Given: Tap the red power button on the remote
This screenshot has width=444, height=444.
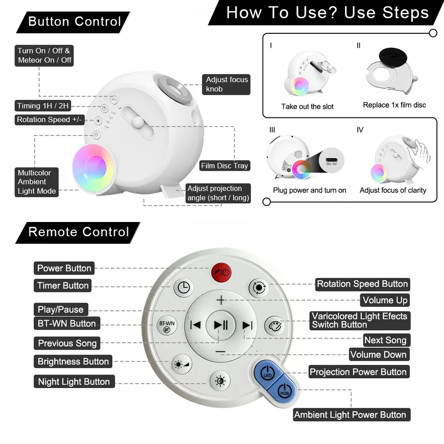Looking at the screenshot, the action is click(222, 272).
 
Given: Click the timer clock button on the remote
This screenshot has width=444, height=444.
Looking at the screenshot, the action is click(184, 288).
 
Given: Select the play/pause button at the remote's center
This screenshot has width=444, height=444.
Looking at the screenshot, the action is click(221, 325).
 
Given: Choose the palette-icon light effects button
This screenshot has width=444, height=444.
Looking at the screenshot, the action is click(275, 326).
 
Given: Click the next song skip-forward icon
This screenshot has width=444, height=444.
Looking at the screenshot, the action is click(247, 325).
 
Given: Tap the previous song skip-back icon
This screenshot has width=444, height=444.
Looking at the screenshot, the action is click(195, 325).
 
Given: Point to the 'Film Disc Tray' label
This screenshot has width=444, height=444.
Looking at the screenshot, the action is click(225, 166).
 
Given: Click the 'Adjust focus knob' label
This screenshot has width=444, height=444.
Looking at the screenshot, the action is click(226, 84).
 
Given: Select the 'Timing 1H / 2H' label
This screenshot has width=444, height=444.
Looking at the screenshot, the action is click(43, 106).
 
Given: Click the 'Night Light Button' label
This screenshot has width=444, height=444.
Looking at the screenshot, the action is click(74, 382).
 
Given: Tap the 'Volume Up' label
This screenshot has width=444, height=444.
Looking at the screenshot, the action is click(385, 300).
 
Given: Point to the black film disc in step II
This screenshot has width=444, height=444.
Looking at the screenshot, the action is click(393, 56).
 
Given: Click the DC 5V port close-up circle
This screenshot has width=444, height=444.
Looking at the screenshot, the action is click(331, 160).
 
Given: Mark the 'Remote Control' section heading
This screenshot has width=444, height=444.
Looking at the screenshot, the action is click(79, 232).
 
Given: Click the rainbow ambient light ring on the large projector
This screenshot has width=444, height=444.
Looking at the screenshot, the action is click(93, 168).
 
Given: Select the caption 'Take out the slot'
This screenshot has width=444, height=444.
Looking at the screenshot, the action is click(307, 106).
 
